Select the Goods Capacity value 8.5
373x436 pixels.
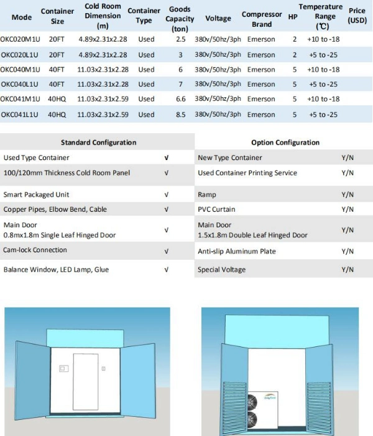(x=180, y=115)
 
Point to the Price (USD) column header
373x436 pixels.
(x=357, y=16)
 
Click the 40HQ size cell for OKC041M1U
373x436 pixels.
(x=57, y=99)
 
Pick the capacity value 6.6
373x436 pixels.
(x=180, y=99)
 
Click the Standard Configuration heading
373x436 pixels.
(x=98, y=143)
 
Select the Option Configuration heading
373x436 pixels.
(x=285, y=143)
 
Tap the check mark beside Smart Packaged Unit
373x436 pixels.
(x=166, y=195)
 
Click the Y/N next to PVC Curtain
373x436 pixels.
(x=348, y=210)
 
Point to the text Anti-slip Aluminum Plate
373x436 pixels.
(x=237, y=252)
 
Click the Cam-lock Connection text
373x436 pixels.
(x=35, y=250)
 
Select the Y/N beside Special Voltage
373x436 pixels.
(x=348, y=270)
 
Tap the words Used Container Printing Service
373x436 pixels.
(x=247, y=173)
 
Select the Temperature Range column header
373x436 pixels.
(x=320, y=17)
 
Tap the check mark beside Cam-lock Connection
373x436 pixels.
(x=166, y=252)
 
